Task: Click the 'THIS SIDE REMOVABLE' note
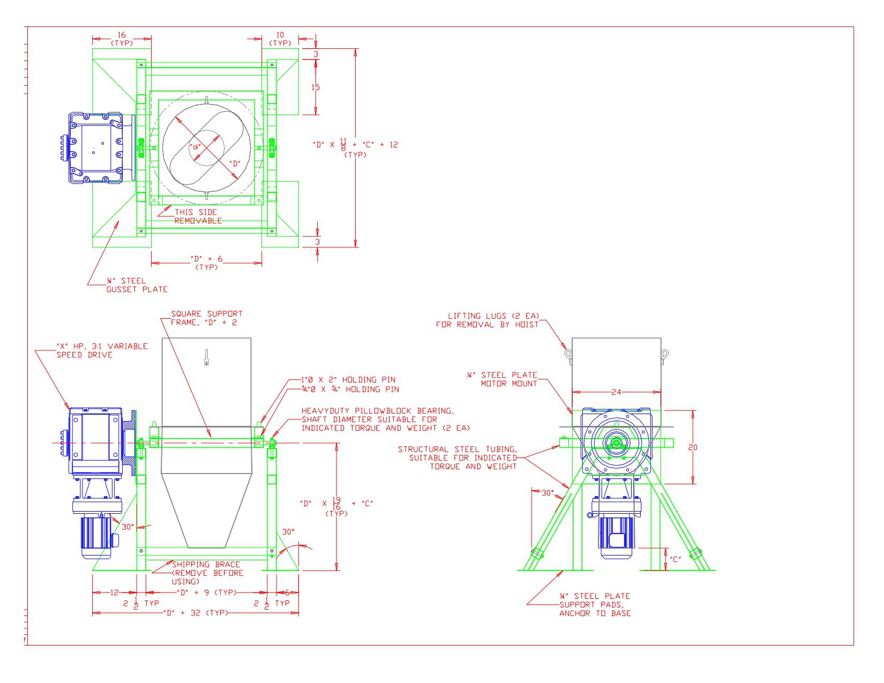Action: click(x=197, y=216)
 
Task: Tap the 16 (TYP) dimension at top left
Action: click(x=122, y=39)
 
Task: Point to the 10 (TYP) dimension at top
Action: click(x=280, y=39)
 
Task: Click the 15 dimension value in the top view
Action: click(x=316, y=87)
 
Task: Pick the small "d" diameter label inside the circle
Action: click(x=196, y=146)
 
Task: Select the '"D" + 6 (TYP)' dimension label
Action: click(x=206, y=262)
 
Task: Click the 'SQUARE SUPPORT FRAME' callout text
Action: click(x=206, y=318)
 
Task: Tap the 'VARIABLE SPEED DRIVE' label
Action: click(x=102, y=350)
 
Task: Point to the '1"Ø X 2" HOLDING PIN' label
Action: click(x=348, y=380)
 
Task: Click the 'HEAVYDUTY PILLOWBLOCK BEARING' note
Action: click(x=378, y=411)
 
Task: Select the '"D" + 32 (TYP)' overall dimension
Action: click(x=195, y=613)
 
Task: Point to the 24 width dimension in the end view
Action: click(x=616, y=392)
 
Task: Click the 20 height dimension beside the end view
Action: click(x=693, y=447)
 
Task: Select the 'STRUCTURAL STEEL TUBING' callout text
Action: click(x=458, y=457)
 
